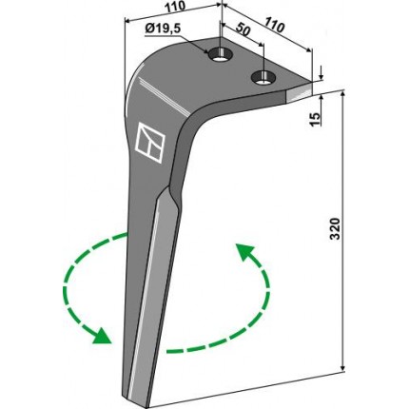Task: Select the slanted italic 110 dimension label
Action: (x=275, y=25)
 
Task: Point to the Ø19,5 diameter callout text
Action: (x=163, y=29)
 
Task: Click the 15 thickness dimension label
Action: (x=316, y=119)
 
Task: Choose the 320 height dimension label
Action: (x=335, y=228)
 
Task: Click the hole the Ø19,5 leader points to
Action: (x=220, y=55)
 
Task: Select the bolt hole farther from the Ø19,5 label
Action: (x=263, y=77)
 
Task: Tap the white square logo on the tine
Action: (x=150, y=143)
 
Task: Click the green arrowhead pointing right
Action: (x=103, y=336)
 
